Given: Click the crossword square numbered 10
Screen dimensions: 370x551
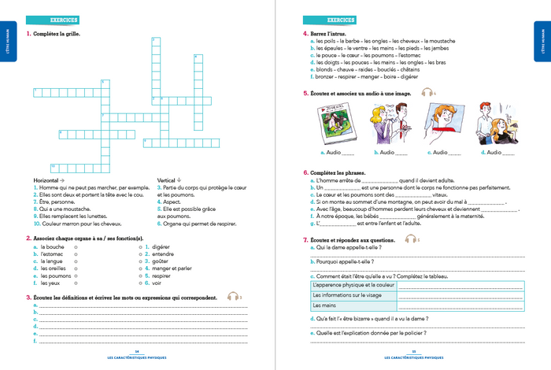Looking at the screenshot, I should point(54,167).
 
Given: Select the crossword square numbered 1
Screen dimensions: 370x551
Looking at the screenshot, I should point(36,92).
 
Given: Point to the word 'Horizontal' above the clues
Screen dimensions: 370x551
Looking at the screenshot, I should point(45,180).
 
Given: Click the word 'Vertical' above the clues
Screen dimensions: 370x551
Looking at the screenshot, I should point(168,180).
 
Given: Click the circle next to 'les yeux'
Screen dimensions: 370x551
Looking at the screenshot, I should point(75,283).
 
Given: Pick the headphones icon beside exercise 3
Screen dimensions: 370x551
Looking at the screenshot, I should point(232,297).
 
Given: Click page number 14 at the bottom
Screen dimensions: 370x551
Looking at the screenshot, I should point(137,351).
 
